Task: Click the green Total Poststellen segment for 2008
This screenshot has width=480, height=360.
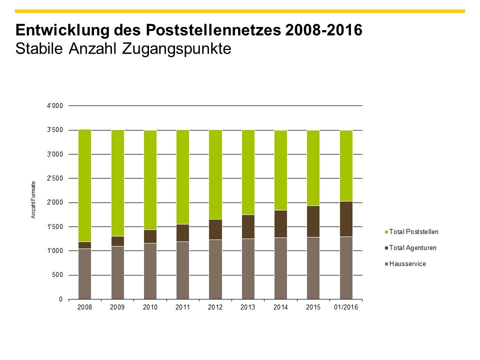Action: [x=84, y=185]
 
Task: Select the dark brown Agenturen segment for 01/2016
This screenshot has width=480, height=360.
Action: [x=346, y=219]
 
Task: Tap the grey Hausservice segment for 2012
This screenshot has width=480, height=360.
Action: [x=215, y=269]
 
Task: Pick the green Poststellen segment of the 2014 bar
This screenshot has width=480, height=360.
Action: [x=280, y=170]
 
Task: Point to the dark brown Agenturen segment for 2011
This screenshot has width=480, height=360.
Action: [x=182, y=233]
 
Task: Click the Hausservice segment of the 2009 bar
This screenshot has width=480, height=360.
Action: [x=117, y=272]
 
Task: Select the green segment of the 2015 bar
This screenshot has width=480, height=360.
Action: [x=313, y=168]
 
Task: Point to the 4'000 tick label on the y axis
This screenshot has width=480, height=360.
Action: [x=54, y=106]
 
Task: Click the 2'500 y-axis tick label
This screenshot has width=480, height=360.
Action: [x=54, y=178]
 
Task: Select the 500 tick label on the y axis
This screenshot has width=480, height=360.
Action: [x=58, y=275]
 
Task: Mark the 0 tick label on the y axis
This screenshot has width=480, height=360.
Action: [x=61, y=299]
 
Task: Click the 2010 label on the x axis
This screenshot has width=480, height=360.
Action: [x=150, y=307]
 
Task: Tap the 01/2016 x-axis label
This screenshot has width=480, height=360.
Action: [x=346, y=307]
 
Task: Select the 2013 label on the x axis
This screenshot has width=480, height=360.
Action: [x=248, y=307]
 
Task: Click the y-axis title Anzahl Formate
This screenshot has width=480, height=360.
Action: [x=33, y=199]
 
